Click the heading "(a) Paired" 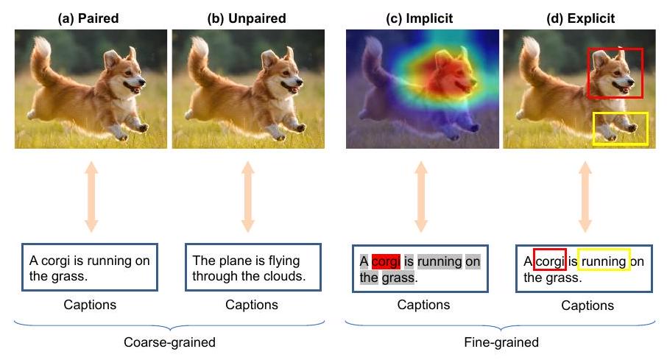coord(88,18)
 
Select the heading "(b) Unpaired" coord(247,18)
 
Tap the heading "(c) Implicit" coord(419,18)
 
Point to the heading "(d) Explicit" coord(580,18)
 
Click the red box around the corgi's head coord(588,73)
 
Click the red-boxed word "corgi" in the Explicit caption coord(550,261)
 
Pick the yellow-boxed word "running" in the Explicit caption coord(604,261)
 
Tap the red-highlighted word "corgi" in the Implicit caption coord(386,261)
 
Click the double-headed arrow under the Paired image coord(91,197)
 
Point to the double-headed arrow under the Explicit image coord(585,197)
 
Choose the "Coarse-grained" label coord(170,342)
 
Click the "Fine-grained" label coord(501,342)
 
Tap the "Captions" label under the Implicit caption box coord(423,305)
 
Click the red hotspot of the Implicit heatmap coord(450,76)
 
